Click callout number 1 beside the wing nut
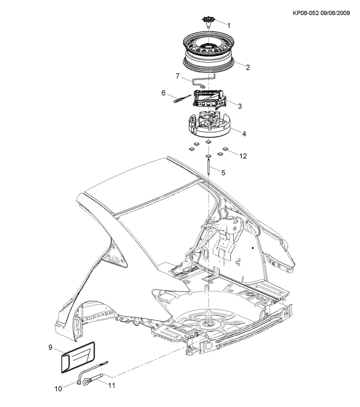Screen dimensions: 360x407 [228, 26]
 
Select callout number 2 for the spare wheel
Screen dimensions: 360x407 [248, 67]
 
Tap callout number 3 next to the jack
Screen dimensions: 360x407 [239, 106]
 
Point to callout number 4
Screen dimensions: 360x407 [244, 134]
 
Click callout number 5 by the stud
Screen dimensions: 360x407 [223, 172]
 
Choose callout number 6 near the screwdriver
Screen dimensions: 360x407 [163, 93]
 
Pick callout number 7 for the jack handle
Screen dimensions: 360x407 [177, 76]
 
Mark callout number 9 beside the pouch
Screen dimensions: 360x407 [50, 347]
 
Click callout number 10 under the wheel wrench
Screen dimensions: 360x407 [58, 389]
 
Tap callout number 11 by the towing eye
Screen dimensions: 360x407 [111, 386]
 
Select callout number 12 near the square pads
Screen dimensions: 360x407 [243, 156]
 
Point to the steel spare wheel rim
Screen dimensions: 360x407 [209, 52]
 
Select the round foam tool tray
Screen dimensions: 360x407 [209, 124]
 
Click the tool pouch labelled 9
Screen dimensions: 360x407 [78, 357]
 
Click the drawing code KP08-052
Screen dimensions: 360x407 [306, 13]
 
